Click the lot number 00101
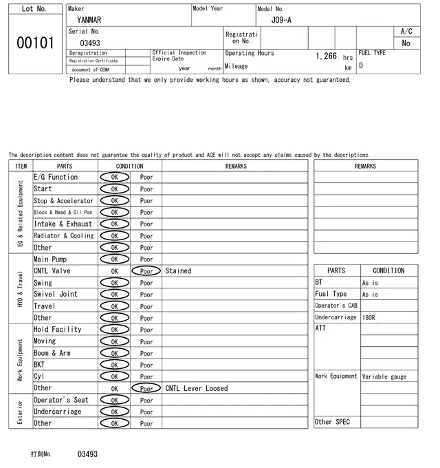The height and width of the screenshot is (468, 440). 35,43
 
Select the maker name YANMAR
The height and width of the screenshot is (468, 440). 89,20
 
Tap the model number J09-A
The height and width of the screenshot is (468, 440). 281,20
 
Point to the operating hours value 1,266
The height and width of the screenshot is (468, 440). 326,56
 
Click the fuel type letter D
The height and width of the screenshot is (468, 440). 361,66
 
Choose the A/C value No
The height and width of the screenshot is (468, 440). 406,43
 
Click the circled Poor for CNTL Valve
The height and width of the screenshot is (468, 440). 146,271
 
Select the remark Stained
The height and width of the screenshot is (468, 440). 178,271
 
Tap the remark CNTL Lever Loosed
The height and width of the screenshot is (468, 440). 196,388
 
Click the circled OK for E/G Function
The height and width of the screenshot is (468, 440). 114,178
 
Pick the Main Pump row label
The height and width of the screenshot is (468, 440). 50,259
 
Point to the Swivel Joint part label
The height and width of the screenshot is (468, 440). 56,295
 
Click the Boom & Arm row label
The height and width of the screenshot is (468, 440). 52,353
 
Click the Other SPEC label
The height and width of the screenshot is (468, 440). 332,422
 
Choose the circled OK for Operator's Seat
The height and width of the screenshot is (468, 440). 114,400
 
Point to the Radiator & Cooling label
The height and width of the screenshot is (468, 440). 64,236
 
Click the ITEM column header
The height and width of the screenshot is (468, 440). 21,166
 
